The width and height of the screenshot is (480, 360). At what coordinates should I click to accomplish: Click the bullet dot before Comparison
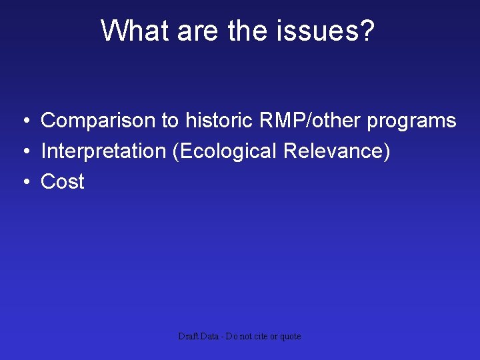coord(24,121)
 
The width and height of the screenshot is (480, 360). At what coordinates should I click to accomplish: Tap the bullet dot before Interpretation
coord(24,152)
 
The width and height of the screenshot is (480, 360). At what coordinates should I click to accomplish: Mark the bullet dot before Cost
coord(24,182)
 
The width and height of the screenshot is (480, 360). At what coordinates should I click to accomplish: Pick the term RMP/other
coord(305,121)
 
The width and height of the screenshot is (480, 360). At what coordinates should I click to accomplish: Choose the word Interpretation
coord(103,151)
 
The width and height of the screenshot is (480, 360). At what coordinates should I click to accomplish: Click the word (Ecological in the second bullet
coord(225,151)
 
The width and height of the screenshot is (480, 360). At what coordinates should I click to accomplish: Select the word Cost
coord(63,181)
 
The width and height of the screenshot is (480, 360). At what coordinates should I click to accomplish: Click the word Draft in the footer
coord(187,337)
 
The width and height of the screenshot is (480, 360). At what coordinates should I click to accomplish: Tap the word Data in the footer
coord(210,337)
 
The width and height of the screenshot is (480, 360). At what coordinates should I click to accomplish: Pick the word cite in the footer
coord(260,337)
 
